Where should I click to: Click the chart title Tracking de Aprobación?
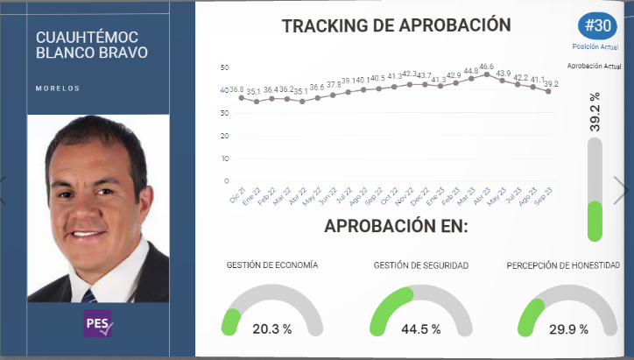pyautogui.click(x=396, y=25)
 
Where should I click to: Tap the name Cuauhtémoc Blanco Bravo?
pyautogui.click(x=88, y=45)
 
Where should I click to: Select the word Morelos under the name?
pyautogui.click(x=58, y=88)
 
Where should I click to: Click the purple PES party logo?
pyautogui.click(x=98, y=323)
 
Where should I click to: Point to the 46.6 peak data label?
pyautogui.click(x=486, y=66)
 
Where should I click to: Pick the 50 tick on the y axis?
pyautogui.click(x=225, y=67)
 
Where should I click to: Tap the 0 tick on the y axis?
pyautogui.click(x=227, y=180)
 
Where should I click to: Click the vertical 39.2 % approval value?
pyautogui.click(x=595, y=112)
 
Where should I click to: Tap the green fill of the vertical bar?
pyautogui.click(x=595, y=222)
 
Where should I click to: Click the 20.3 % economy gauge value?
pyautogui.click(x=271, y=329)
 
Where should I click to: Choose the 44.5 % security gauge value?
pyautogui.click(x=419, y=329)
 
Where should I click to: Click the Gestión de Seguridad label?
pyautogui.click(x=420, y=265)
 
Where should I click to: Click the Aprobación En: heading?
pyautogui.click(x=396, y=226)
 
